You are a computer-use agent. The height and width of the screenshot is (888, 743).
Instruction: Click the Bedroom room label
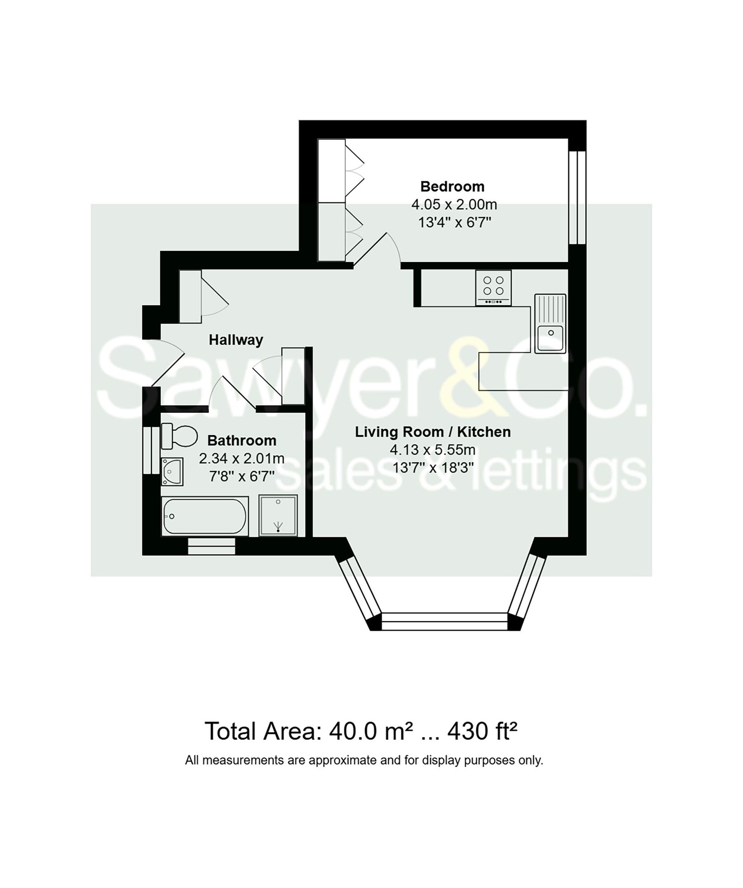pos(452,186)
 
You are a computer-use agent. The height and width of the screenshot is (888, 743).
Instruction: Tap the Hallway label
pos(236,340)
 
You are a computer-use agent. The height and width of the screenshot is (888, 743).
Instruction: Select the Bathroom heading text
pos(241,440)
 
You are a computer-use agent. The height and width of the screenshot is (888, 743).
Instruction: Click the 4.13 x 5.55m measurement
pos(432,449)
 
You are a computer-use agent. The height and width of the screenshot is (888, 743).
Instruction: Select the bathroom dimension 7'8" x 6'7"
pos(241,476)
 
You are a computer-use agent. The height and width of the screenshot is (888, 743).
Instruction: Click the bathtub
pos(205,517)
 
